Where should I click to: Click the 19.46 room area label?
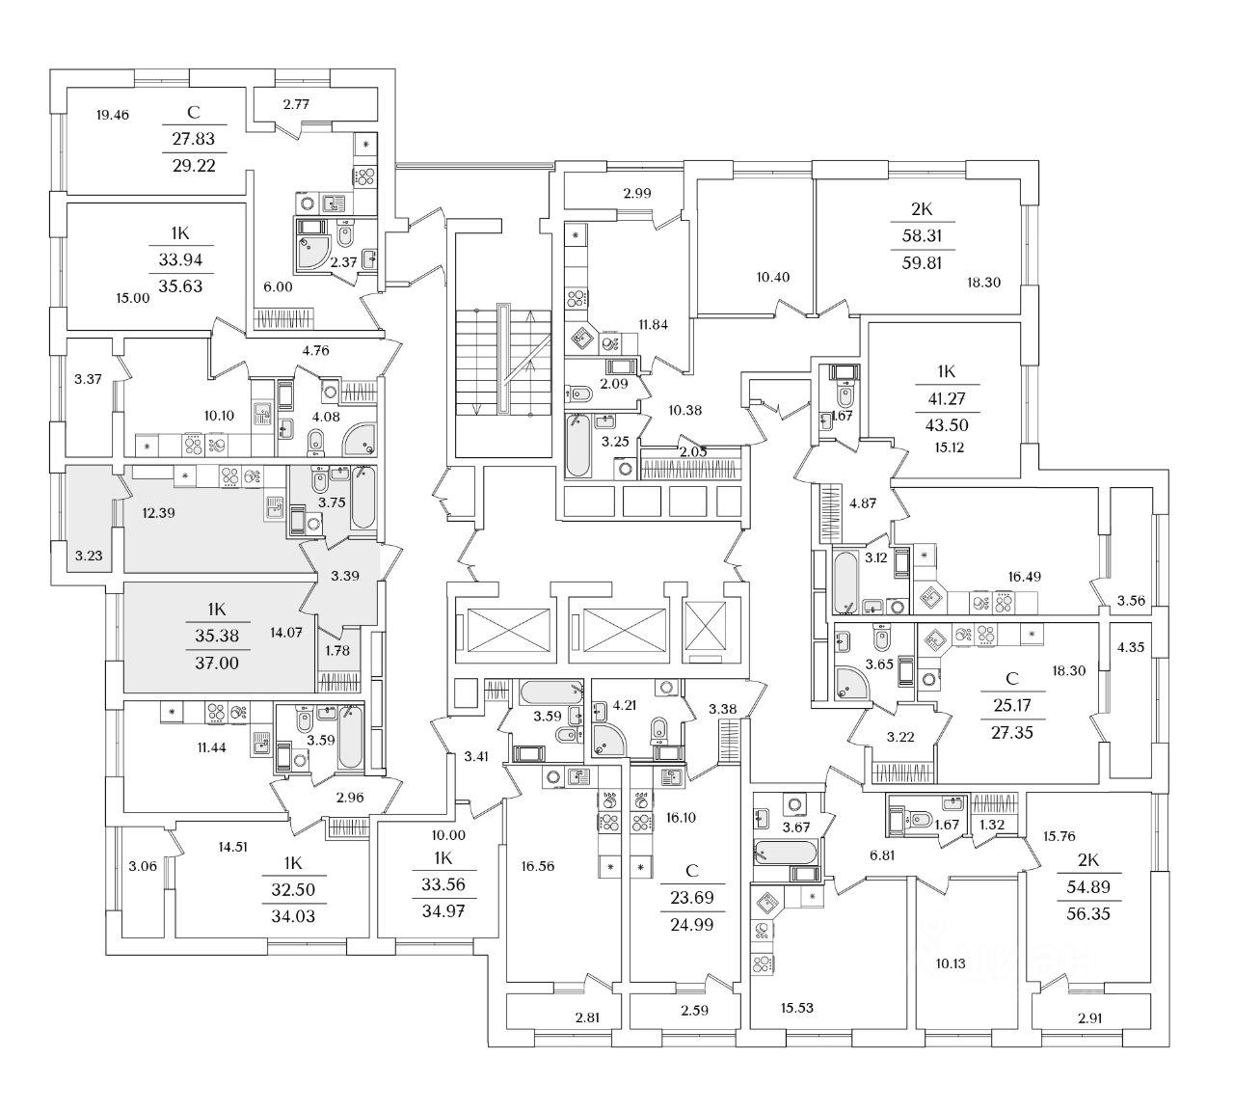[113, 115]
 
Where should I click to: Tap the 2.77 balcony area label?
[296, 104]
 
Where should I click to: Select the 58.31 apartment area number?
[922, 235]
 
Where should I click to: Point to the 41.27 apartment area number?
[946, 398]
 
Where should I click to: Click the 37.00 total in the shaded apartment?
[217, 664]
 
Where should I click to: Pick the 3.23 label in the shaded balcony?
[89, 556]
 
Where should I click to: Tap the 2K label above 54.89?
[1088, 859]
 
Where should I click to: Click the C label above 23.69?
[692, 871]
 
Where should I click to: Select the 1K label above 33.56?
[443, 857]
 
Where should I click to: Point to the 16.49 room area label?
[1024, 577]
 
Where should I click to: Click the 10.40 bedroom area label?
[772, 277]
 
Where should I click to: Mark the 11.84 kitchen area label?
[653, 324]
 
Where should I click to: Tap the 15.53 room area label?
[796, 1008]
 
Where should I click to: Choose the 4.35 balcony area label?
[1130, 647]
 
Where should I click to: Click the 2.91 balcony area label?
[1089, 1018]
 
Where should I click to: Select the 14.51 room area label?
[232, 847]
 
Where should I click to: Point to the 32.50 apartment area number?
[293, 890]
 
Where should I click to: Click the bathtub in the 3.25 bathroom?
[577, 445]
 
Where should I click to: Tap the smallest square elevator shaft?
[705, 630]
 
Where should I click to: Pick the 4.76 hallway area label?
[315, 351]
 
